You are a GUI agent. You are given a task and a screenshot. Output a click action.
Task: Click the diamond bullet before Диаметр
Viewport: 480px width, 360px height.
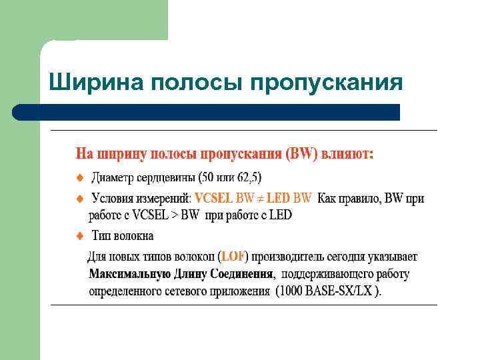(x=79, y=177)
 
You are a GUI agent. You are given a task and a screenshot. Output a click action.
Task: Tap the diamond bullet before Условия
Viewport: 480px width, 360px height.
(x=79, y=198)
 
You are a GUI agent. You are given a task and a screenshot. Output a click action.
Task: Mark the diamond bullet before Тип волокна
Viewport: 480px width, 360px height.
(x=79, y=235)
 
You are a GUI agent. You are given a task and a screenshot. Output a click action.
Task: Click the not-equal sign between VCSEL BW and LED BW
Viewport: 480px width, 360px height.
(x=260, y=198)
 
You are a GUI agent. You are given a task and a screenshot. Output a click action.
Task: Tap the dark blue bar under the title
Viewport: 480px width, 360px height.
(x=207, y=112)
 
